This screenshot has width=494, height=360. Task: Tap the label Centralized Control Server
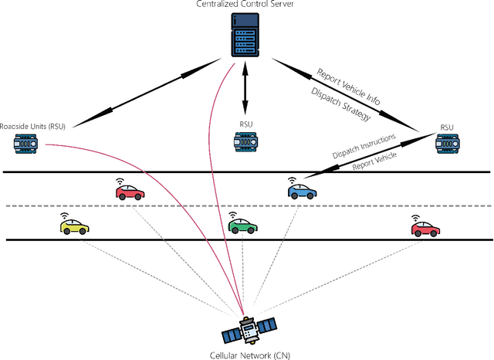246,6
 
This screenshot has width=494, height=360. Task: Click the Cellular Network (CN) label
246,355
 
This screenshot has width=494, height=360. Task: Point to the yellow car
75,228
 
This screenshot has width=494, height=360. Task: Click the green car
243,227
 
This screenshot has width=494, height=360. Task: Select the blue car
303,190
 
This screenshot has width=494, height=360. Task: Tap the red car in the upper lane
130,192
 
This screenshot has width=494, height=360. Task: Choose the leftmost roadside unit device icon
28,144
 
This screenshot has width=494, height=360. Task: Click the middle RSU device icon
245,141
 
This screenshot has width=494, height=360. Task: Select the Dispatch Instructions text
364,145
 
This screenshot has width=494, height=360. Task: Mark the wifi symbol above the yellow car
66,216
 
